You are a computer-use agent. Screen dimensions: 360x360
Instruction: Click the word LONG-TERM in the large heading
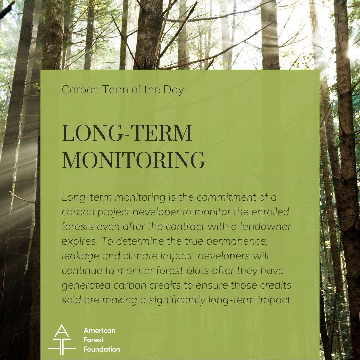tap(127, 134)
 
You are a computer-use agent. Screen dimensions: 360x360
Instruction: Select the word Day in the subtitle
tap(174, 90)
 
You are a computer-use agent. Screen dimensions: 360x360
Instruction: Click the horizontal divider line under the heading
tap(181, 181)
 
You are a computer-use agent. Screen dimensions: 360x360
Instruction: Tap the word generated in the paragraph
tap(86, 285)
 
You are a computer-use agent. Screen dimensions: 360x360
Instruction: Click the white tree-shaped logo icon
tap(61, 340)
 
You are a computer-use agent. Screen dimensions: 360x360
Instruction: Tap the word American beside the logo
tap(99, 331)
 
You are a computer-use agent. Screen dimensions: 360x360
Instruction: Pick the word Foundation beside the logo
tap(102, 349)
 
